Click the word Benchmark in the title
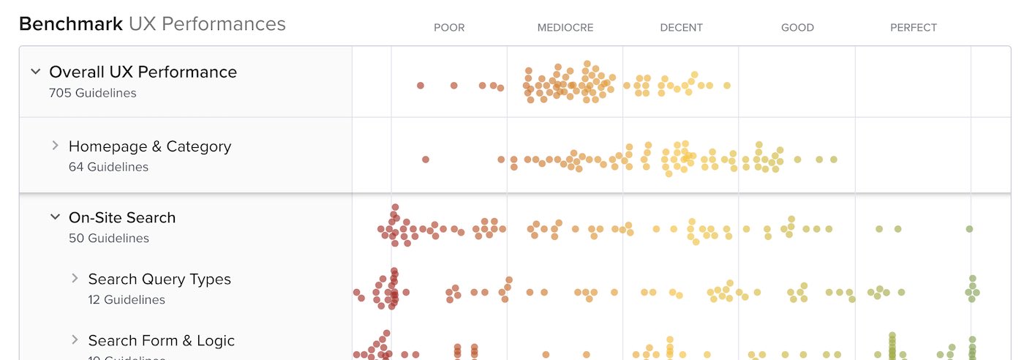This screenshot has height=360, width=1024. [x=70, y=24]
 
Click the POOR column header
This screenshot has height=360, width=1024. [x=449, y=28]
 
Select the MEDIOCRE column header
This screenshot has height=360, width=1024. [x=565, y=28]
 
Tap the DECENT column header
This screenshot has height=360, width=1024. [x=681, y=28]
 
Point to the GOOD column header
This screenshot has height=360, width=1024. [x=797, y=28]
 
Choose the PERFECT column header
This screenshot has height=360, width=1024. [x=914, y=28]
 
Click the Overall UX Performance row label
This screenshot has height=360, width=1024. [x=143, y=72]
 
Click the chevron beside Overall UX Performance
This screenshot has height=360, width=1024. [x=35, y=72]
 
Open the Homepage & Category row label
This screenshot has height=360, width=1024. [x=149, y=146]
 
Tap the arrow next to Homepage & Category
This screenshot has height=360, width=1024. [x=55, y=146]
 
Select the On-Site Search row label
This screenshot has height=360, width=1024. [x=122, y=217]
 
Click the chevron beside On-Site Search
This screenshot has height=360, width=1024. [x=55, y=217]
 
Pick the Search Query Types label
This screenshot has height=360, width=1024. [x=159, y=279]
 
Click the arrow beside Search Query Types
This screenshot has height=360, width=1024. [x=75, y=279]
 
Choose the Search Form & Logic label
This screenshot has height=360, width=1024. [x=162, y=340]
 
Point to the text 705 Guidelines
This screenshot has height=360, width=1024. [x=92, y=93]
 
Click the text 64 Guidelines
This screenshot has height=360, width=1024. [x=108, y=167]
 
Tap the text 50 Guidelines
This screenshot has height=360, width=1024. [x=108, y=238]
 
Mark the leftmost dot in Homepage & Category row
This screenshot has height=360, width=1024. [x=426, y=160]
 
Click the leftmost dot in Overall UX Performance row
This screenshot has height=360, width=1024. [x=421, y=86]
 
